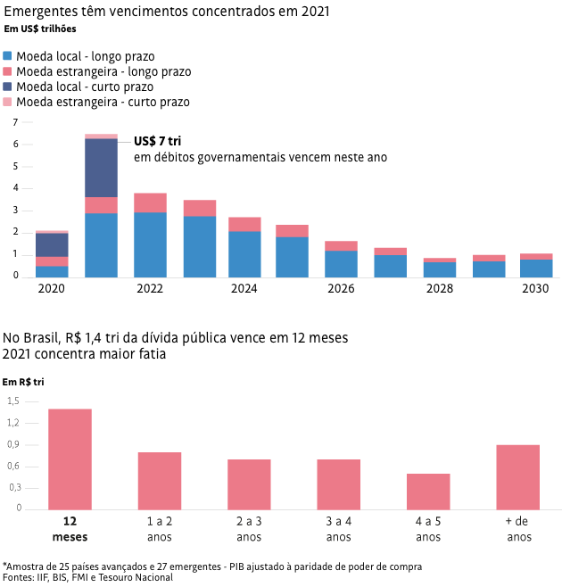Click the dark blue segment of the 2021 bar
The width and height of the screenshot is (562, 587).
tap(101, 168)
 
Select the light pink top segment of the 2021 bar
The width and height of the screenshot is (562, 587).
tap(101, 136)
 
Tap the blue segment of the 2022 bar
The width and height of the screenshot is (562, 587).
tap(150, 244)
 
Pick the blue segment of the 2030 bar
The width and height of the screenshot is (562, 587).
tap(535, 268)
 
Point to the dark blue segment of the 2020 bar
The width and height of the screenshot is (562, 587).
tap(52, 244)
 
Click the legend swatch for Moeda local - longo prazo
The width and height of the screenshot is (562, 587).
tap(8, 55)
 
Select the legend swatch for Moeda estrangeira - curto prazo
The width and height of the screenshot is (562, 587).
tap(8, 103)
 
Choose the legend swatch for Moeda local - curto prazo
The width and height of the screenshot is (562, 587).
tap(8, 87)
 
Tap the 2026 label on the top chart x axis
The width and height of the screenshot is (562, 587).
tap(341, 289)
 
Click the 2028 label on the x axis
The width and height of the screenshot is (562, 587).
tap(439, 289)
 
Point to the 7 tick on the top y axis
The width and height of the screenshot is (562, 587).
tap(16, 122)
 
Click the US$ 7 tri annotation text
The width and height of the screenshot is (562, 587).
tap(157, 142)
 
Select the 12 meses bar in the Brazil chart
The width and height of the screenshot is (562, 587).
tap(70, 459)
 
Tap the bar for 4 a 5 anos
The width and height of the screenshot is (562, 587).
tap(428, 491)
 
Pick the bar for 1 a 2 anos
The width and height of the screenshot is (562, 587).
tap(160, 480)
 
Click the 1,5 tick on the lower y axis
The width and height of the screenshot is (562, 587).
tap(12, 401)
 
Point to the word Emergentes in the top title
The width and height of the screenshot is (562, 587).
tap(36, 12)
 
